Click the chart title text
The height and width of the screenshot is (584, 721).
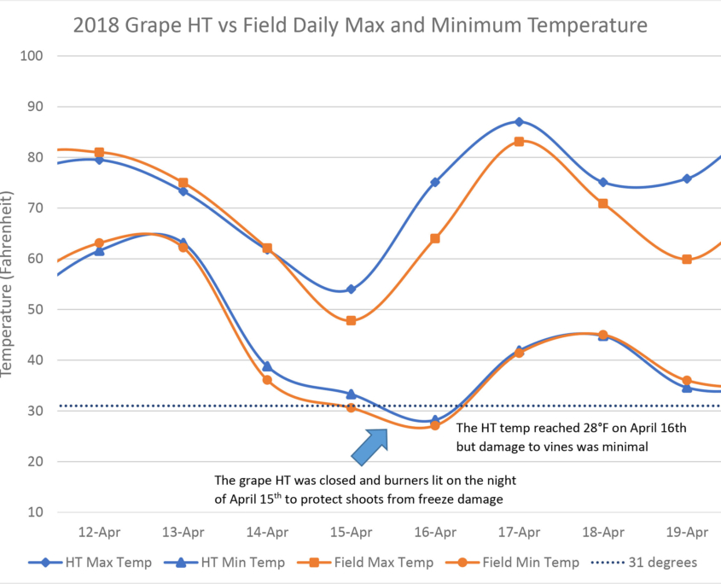[360, 26]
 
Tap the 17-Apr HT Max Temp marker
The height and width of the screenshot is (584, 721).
[519, 122]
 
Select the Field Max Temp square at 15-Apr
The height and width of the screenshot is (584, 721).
[351, 320]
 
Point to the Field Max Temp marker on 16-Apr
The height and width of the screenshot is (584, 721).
[435, 238]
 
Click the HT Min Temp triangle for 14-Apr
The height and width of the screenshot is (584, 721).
[267, 365]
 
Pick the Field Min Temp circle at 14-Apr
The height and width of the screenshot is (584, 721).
[267, 380]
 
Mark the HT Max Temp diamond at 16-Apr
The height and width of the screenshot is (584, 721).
[435, 182]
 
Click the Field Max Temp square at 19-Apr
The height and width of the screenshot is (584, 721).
[687, 259]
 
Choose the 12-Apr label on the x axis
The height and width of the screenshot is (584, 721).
[99, 532]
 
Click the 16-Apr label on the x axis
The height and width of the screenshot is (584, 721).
[435, 532]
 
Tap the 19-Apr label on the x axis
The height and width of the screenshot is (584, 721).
[687, 532]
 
